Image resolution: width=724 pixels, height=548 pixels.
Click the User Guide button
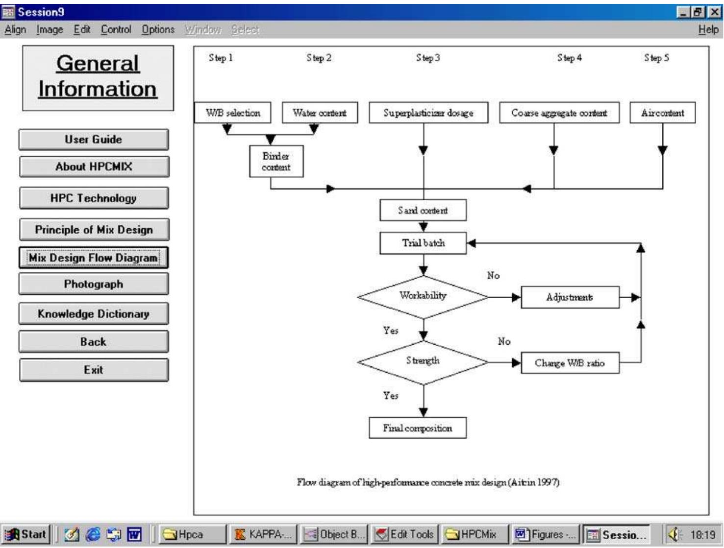tap(93, 140)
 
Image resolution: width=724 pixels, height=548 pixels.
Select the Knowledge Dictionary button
tap(93, 314)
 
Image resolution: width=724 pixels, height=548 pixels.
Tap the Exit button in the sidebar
tap(93, 370)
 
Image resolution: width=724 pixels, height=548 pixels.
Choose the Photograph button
tap(93, 284)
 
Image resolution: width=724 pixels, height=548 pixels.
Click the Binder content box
tap(276, 161)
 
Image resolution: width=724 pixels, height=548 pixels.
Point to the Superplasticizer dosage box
tap(428, 113)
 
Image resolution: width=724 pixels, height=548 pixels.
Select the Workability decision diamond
tap(423, 296)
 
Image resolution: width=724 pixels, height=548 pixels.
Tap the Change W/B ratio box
tap(570, 363)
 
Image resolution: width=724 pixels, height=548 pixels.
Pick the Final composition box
tap(418, 428)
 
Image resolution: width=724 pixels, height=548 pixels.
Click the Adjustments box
tap(570, 297)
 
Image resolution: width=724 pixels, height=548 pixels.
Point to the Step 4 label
tap(569, 58)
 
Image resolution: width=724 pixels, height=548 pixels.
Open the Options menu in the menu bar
tap(158, 30)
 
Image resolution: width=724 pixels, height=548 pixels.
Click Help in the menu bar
tap(708, 30)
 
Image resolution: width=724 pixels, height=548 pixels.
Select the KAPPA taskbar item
tap(263, 534)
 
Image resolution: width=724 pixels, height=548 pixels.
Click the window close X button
tap(715, 12)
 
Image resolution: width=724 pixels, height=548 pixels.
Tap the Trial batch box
tap(423, 243)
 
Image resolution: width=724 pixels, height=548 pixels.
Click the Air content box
tap(662, 113)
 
